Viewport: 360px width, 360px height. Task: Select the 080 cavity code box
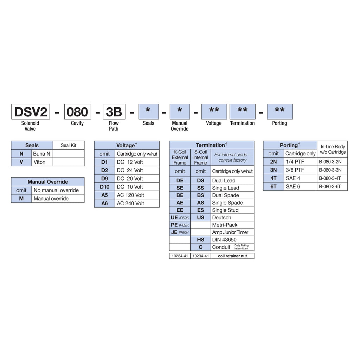pyautogui.click(x=77, y=112)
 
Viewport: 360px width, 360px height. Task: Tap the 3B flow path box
pyautogui.click(x=114, y=112)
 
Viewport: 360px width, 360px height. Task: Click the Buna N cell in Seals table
pyautogui.click(x=41, y=154)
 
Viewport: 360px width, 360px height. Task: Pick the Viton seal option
pyautogui.click(x=39, y=162)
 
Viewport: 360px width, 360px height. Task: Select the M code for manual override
pyautogui.click(x=21, y=199)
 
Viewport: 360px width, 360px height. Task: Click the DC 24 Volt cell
pyautogui.click(x=130, y=170)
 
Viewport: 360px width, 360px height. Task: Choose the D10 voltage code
pyautogui.click(x=104, y=187)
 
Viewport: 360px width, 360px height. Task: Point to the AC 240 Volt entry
pyautogui.click(x=130, y=203)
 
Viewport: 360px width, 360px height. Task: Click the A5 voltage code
pyautogui.click(x=104, y=195)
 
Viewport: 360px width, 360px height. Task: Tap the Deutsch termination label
pyautogui.click(x=221, y=218)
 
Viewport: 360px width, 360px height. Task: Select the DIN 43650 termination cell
pyautogui.click(x=224, y=240)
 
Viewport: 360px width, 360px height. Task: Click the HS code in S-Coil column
pyautogui.click(x=201, y=240)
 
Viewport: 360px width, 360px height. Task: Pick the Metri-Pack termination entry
pyautogui.click(x=225, y=225)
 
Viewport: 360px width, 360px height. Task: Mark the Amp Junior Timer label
pyautogui.click(x=230, y=232)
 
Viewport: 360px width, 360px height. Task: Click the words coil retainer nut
pyautogui.click(x=232, y=256)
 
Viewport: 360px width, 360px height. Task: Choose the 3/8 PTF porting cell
pyautogui.click(x=295, y=170)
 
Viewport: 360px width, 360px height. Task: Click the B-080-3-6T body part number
pyautogui.click(x=330, y=187)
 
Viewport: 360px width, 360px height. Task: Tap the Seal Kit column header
pyautogui.click(x=68, y=145)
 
